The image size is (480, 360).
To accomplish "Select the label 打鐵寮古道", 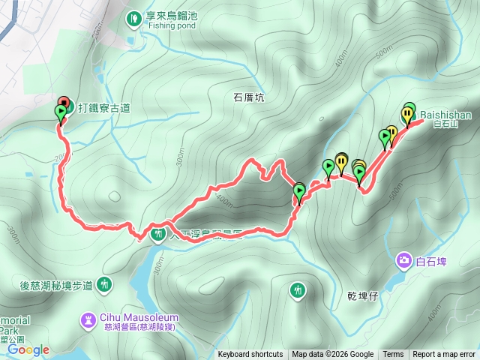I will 101,108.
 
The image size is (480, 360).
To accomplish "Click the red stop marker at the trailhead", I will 63,102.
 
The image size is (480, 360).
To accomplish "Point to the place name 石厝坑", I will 249,97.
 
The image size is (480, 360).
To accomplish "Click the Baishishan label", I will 445,115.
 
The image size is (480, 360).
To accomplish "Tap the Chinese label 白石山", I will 446,125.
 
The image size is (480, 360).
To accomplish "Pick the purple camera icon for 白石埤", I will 404,260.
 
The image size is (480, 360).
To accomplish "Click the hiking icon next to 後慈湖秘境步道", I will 103,284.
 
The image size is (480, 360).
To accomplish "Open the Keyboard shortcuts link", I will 250,355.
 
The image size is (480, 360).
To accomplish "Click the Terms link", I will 393,355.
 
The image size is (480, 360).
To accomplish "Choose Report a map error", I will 445,355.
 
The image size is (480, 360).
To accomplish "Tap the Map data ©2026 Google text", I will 332,355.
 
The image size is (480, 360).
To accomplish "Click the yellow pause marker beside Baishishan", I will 407,114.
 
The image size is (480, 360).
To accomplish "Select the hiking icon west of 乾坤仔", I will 298,289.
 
